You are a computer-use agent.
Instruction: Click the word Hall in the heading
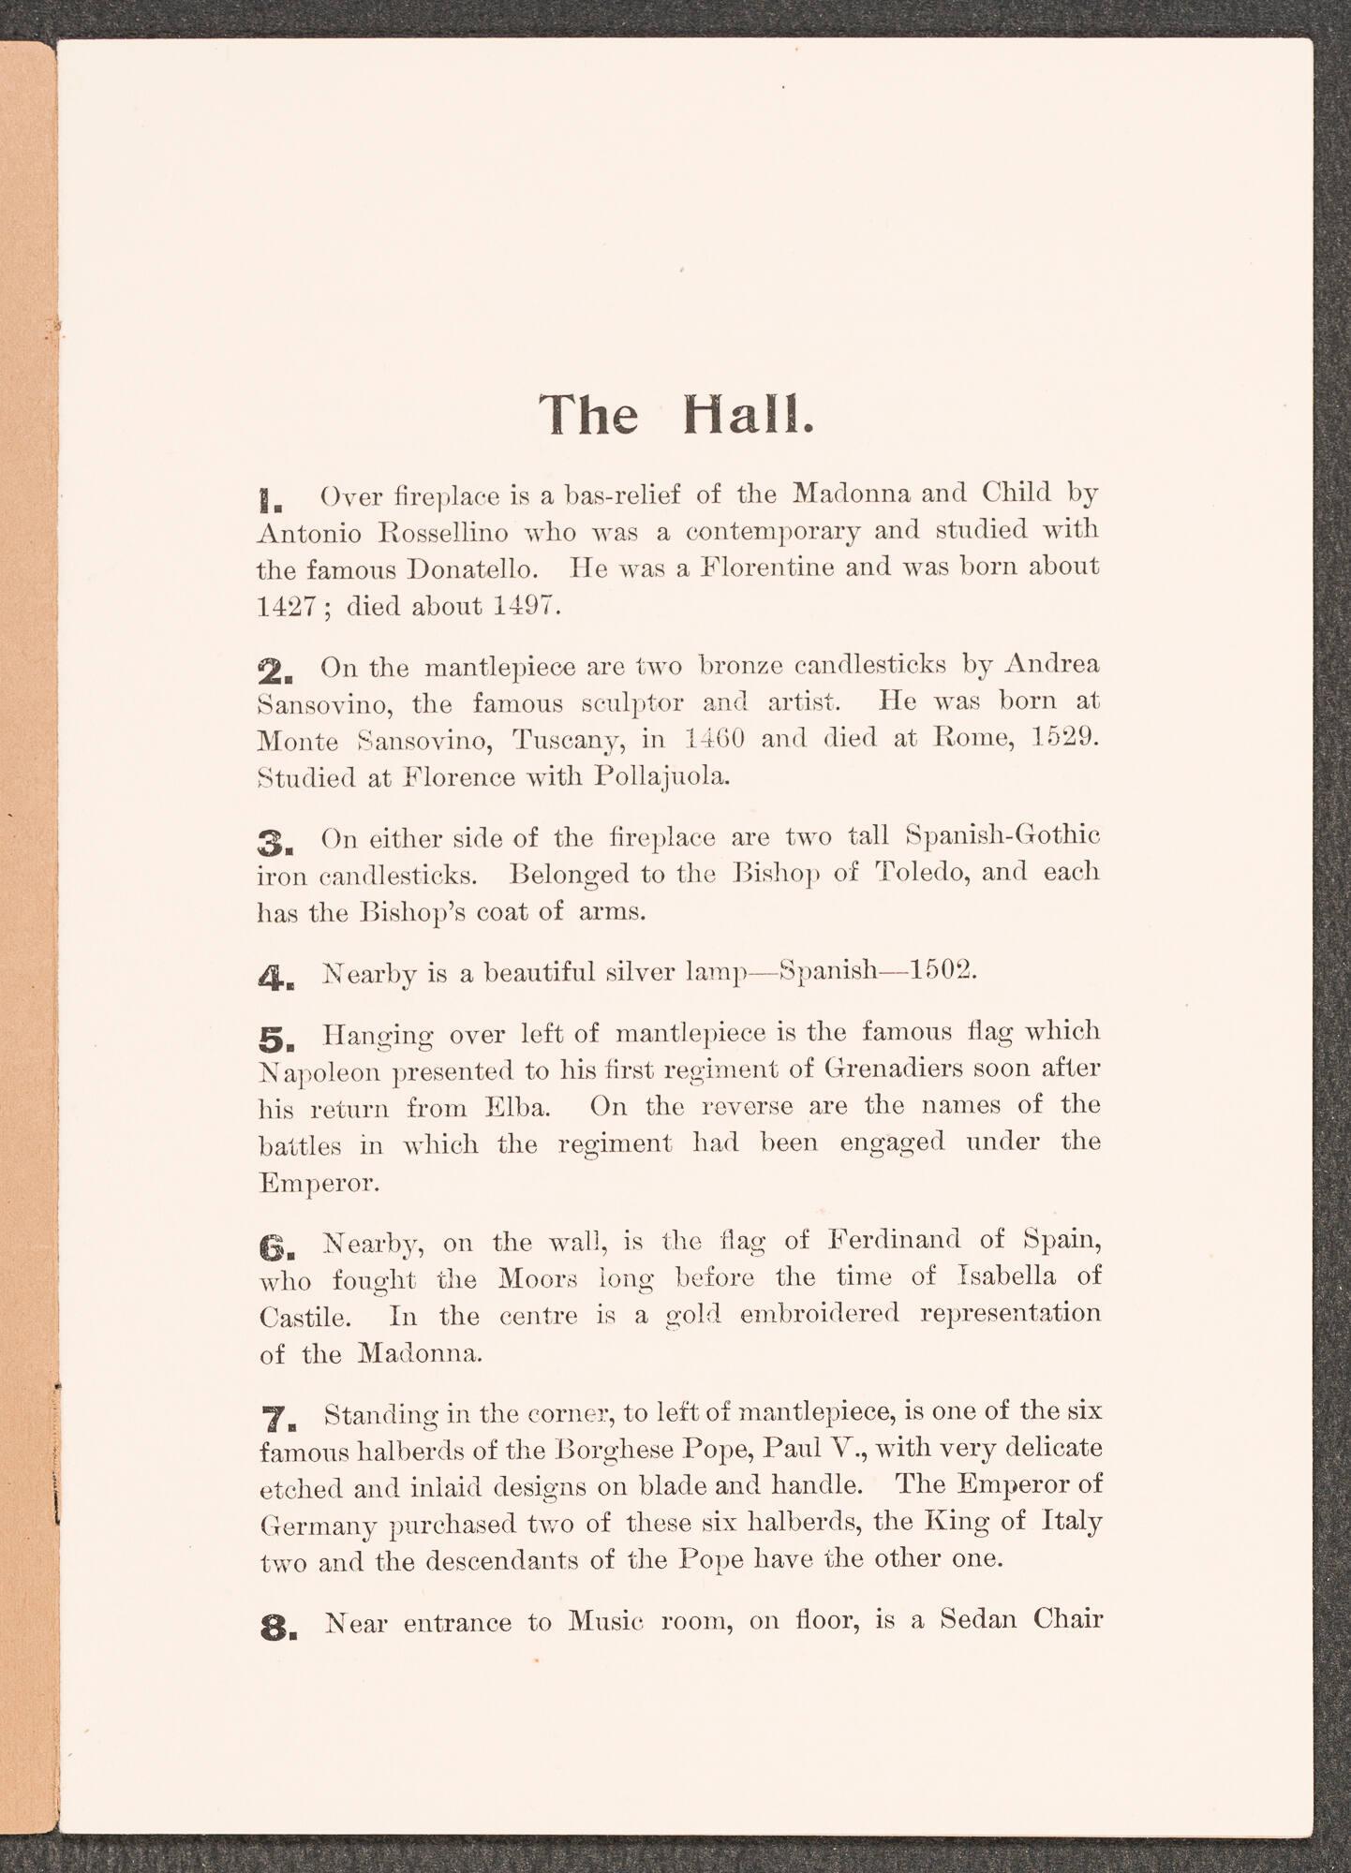[747, 415]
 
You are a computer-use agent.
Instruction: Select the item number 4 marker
[275, 979]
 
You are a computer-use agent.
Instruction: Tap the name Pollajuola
[661, 777]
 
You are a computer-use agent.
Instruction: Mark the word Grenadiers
[897, 1069]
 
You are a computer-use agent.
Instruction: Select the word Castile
[305, 1319]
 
